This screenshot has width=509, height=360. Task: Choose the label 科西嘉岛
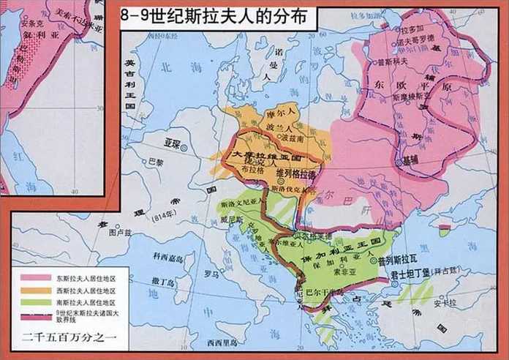(x=165, y=256)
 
